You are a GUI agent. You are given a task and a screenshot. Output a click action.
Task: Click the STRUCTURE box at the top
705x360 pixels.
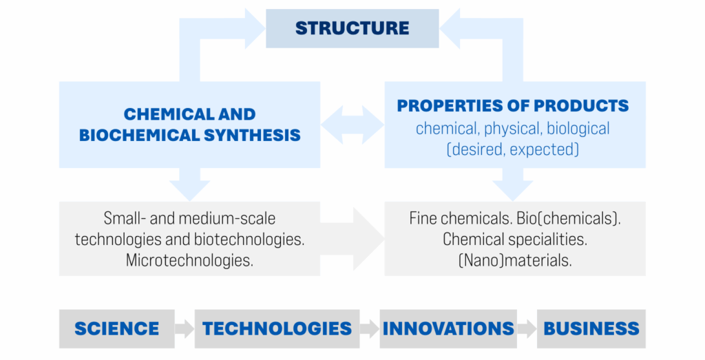coord(352,28)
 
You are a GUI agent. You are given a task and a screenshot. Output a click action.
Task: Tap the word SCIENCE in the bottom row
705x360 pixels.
coord(117,328)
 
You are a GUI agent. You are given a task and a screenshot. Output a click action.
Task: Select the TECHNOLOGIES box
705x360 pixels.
coord(277,328)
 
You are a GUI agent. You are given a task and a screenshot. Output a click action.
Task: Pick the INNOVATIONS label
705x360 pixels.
coord(448,328)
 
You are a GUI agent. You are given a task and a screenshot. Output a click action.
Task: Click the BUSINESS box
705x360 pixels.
coord(591,328)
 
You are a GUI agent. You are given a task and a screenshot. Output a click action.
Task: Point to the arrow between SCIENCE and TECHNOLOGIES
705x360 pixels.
coord(185,328)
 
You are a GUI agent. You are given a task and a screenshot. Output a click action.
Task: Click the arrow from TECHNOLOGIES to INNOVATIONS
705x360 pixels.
coord(370,328)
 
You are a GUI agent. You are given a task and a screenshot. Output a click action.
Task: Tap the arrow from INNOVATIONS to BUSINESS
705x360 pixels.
coord(527,328)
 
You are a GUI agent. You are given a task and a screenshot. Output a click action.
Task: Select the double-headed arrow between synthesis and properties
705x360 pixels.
coord(352,125)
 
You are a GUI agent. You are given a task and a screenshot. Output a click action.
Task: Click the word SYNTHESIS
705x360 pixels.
coord(251,136)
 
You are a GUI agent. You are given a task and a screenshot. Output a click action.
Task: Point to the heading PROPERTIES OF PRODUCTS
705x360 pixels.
coord(512,105)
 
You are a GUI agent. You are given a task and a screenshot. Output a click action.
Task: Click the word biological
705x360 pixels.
coord(578,129)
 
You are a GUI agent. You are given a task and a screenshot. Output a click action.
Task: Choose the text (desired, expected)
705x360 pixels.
coord(512,149)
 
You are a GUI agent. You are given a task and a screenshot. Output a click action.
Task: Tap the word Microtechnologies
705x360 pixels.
coord(189,260)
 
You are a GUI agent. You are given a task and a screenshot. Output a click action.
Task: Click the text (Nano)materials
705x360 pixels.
coord(515,260)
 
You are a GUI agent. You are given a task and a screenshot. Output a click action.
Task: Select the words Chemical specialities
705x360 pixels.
coord(515,239)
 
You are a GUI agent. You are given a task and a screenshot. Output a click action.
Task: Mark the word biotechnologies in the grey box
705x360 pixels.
coord(249,239)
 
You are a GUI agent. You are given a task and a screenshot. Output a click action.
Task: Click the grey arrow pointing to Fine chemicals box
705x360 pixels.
coord(352,239)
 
